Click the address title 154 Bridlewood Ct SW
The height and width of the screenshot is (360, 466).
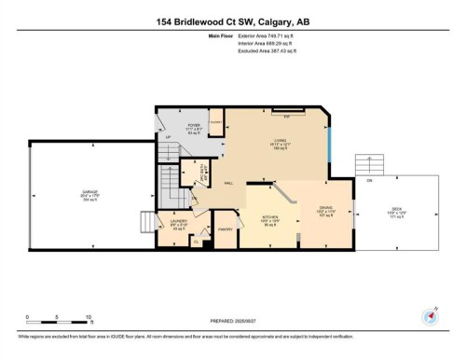232,21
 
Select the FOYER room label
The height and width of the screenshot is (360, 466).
194,125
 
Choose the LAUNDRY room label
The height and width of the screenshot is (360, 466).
180,222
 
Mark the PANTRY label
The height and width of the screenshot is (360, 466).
225,228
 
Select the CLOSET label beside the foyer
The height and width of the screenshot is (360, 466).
214,122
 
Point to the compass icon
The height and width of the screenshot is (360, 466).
430,316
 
